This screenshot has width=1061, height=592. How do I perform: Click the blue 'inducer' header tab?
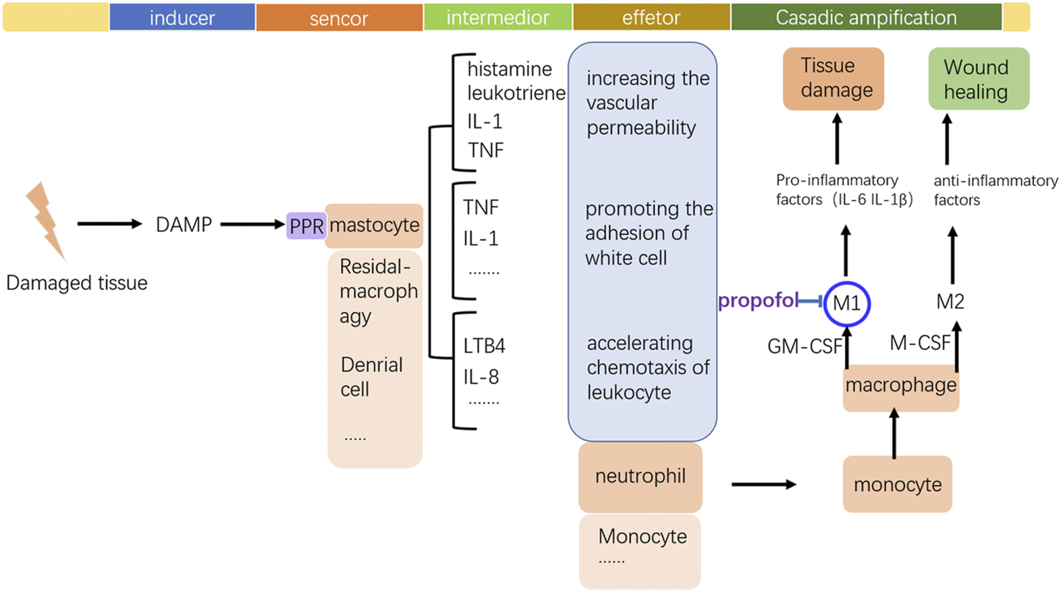pos(182,18)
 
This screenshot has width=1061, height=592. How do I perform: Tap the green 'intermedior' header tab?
pos(497,18)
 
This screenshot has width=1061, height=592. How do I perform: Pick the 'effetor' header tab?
pos(651,18)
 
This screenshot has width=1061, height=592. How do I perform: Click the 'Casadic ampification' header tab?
pos(866,18)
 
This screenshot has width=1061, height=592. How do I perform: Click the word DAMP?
pos(184,224)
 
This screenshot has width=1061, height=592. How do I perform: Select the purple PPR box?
pos(306,225)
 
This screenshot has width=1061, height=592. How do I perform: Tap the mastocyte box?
pos(375,225)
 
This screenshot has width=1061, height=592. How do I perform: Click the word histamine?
pos(510,69)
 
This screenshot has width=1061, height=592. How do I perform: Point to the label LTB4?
pos(484,346)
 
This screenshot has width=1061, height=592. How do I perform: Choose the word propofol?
pos(757,300)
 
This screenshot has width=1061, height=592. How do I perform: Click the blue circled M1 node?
pos(846,303)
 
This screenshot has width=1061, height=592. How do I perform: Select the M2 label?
pos(950,302)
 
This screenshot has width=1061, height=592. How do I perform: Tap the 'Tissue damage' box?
pos(833,78)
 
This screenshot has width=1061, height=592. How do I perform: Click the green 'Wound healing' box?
pos(978,79)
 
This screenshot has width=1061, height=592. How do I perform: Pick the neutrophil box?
pos(640,477)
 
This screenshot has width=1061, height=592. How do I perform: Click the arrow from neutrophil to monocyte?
pos(763,484)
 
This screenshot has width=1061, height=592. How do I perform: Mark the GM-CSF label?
pos(805,347)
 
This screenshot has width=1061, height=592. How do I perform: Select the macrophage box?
pos(900,386)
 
